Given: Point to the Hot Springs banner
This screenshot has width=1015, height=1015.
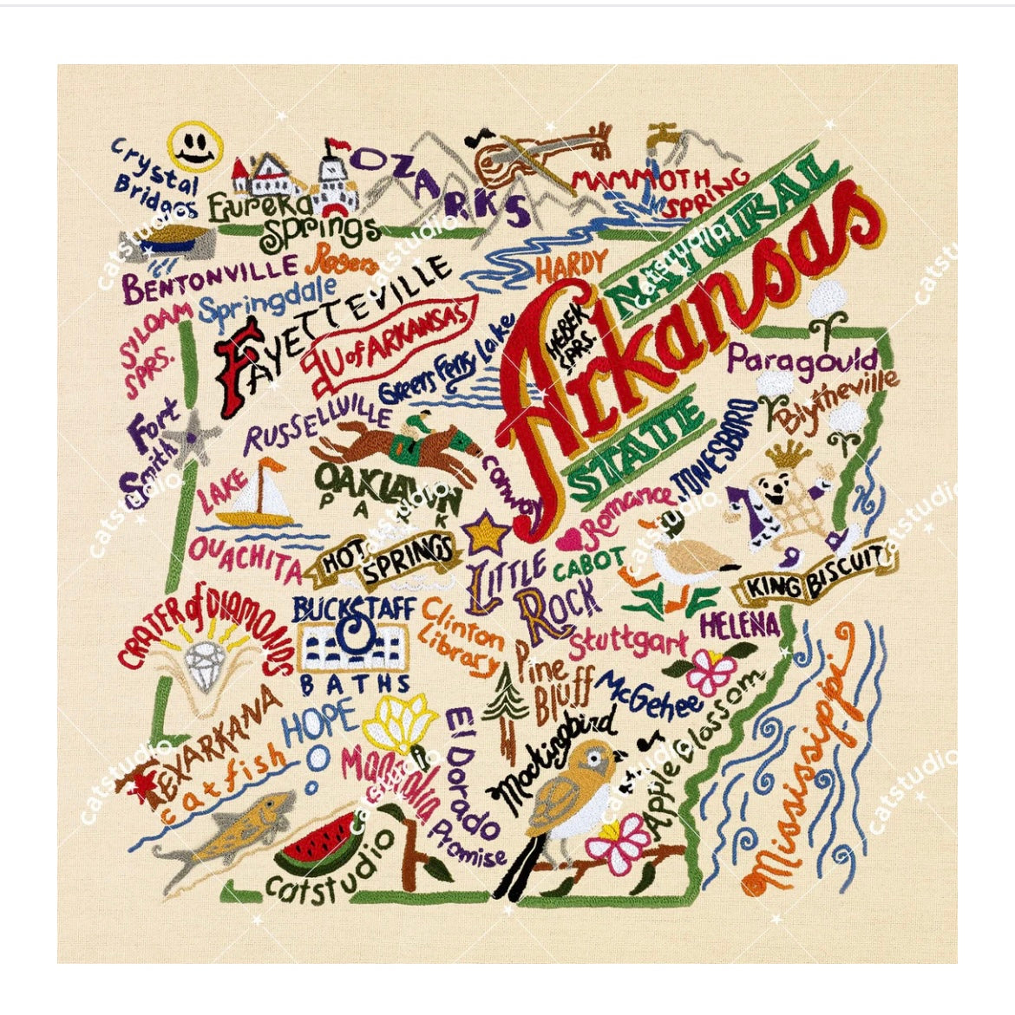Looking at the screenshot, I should [388, 558].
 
